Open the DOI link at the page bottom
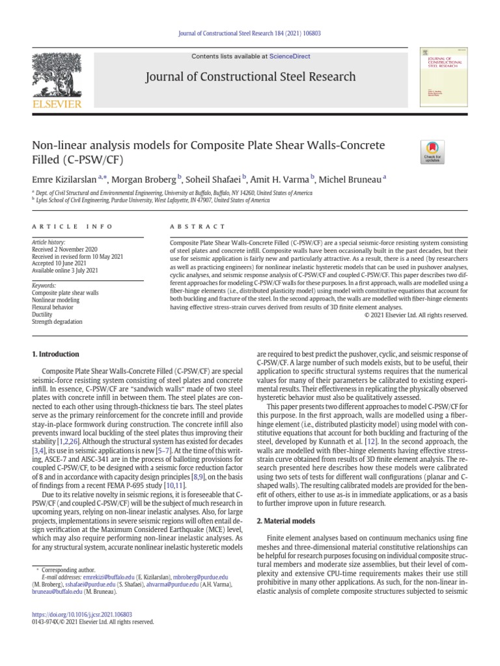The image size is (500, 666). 82,614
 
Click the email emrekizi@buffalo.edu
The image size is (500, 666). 107,577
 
